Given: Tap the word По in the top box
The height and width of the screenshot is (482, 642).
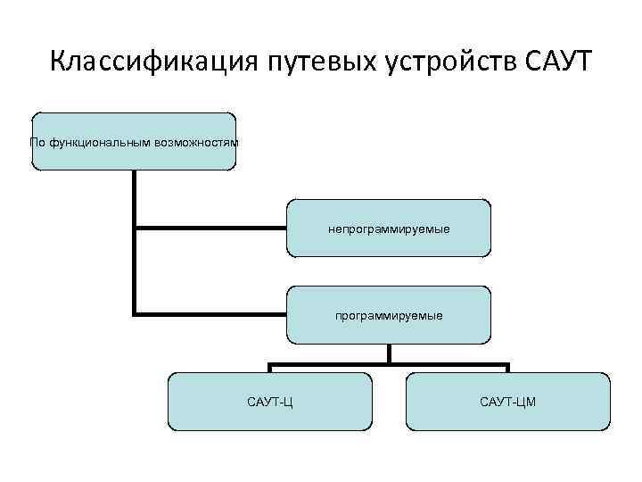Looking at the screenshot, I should [38, 142].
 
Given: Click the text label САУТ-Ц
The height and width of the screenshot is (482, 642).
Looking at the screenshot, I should [270, 403].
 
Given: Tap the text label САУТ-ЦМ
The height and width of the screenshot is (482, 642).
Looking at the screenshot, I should [508, 403].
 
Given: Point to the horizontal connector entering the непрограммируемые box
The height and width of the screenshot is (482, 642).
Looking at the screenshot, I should [210, 229].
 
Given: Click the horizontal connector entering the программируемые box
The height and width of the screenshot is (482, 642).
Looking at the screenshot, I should [210, 314].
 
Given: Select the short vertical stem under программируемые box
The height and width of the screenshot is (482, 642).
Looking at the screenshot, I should [389, 353].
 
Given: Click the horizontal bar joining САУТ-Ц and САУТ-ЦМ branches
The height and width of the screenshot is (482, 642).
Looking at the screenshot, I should [389, 364].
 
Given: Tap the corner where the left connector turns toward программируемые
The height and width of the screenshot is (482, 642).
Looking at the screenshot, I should [135, 314].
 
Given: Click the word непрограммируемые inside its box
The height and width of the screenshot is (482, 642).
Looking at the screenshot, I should [389, 229].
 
